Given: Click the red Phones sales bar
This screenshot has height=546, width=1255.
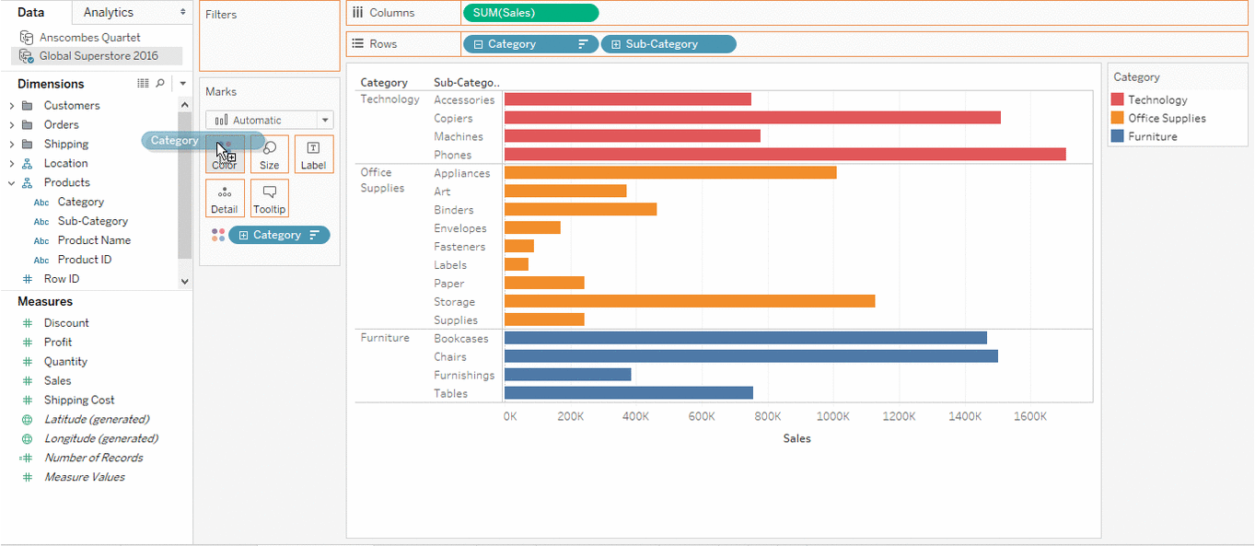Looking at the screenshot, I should tap(784, 155).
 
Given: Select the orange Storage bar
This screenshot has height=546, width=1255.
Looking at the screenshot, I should tap(689, 301).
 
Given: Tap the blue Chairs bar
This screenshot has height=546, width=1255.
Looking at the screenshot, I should tap(750, 356).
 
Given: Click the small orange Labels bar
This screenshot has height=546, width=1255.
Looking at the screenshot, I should tap(517, 264).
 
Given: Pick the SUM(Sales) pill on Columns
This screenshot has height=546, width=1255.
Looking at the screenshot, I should tap(529, 13).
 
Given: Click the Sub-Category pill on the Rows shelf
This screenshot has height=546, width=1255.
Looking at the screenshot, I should tap(668, 44).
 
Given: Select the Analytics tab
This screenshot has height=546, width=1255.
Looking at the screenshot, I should tap(108, 12).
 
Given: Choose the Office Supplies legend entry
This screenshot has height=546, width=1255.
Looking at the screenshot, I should tap(1166, 118).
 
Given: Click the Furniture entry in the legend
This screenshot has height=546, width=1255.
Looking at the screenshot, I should tap(1152, 136).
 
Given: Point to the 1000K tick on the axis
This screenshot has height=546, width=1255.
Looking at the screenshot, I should tap(832, 416).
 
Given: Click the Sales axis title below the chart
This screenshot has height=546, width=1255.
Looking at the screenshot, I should tap(796, 438).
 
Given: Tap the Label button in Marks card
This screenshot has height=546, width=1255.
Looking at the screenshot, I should tap(313, 154).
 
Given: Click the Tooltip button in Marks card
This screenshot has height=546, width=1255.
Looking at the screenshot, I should tap(270, 198).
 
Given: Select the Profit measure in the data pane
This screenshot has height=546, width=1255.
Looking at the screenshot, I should tap(58, 342).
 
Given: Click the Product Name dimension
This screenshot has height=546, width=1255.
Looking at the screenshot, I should tap(94, 240).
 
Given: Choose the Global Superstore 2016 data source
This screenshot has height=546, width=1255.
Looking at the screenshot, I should tap(98, 56).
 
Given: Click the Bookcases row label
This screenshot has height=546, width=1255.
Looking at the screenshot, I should tap(461, 338).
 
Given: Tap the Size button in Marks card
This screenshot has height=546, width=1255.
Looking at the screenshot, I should tap(269, 154).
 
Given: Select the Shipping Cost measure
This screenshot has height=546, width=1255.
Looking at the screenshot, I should tap(79, 400).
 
